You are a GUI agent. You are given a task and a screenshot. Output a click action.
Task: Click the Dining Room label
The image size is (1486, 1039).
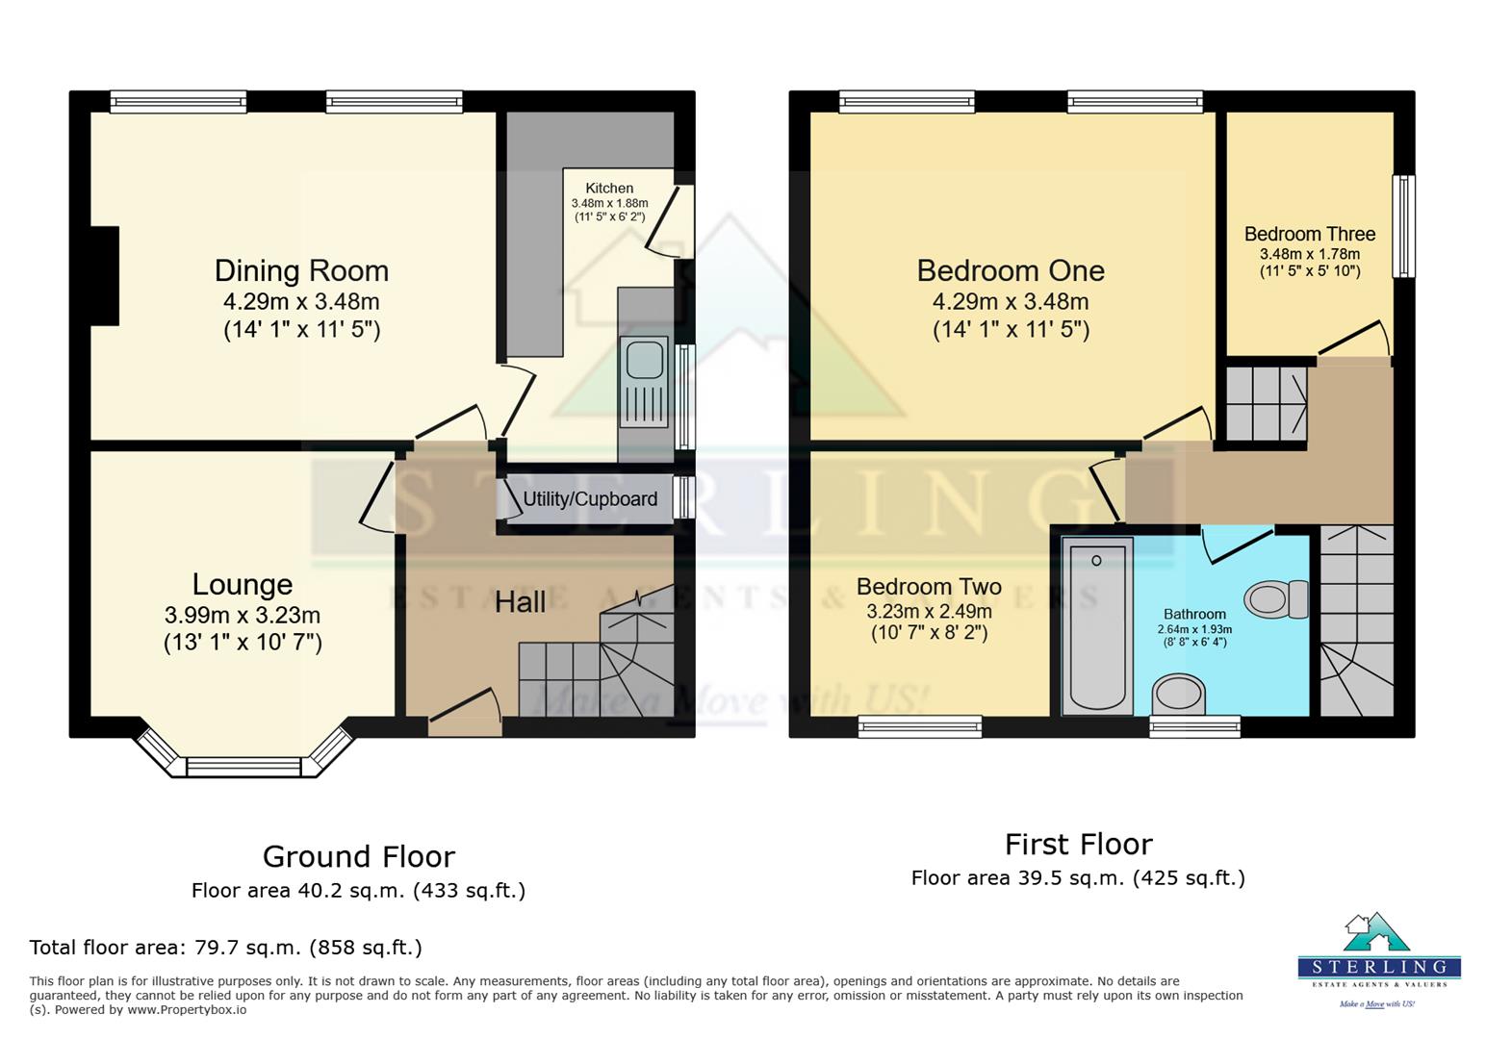tap(301, 270)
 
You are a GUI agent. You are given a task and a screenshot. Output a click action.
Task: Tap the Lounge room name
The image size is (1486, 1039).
tap(243, 584)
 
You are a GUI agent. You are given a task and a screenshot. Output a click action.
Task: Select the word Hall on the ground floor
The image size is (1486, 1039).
tap(520, 602)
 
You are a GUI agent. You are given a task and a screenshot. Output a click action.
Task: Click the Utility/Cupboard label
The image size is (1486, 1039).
tap(590, 498)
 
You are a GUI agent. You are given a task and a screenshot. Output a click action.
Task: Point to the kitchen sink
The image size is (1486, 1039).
tap(644, 382)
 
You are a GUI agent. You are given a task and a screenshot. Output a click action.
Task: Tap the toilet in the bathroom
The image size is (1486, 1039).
tap(1275, 598)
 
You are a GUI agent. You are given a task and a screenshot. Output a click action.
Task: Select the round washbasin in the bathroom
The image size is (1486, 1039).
tap(1178, 695)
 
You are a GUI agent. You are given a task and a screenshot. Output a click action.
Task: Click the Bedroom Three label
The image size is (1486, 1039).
tap(1310, 234)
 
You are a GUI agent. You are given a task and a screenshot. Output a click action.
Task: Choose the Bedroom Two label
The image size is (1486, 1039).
tap(929, 587)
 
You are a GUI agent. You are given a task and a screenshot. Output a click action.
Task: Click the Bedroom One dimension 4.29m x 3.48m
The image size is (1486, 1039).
tap(1011, 302)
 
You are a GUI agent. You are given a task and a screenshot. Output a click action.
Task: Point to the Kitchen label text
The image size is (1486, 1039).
tap(609, 189)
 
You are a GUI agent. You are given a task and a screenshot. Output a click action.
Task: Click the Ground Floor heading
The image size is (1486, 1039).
tap(359, 856)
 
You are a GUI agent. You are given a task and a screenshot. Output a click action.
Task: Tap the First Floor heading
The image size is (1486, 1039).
tap(1079, 844)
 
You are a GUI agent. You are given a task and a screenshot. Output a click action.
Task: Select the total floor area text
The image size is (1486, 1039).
tap(225, 948)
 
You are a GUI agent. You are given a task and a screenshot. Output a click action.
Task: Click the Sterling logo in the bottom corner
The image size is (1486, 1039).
tap(1379, 959)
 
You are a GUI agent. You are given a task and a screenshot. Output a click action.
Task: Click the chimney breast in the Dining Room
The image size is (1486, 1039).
tap(105, 276)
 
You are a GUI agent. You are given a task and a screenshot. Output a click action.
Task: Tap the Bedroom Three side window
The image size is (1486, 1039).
tap(1403, 225)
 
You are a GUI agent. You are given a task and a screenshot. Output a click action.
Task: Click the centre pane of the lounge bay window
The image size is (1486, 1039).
tap(244, 767)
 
